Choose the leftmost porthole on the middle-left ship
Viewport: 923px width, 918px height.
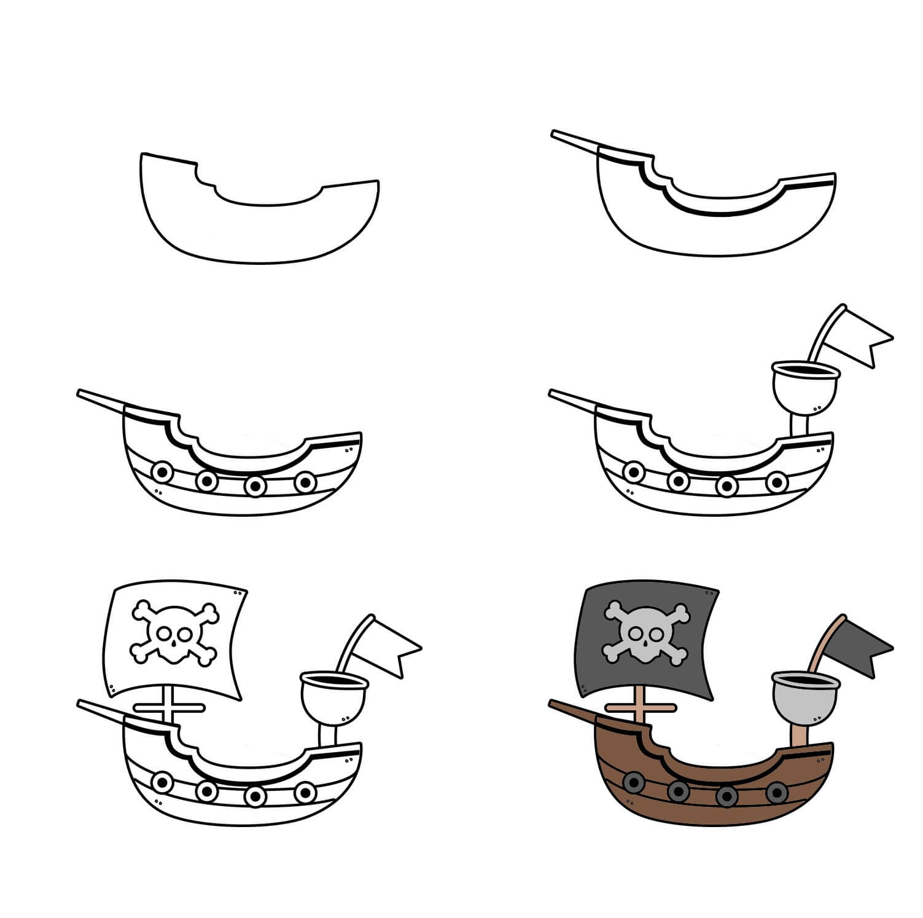(x=163, y=472)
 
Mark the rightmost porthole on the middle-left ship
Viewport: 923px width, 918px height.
(x=305, y=482)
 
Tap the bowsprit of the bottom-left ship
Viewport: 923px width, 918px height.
(x=101, y=709)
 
